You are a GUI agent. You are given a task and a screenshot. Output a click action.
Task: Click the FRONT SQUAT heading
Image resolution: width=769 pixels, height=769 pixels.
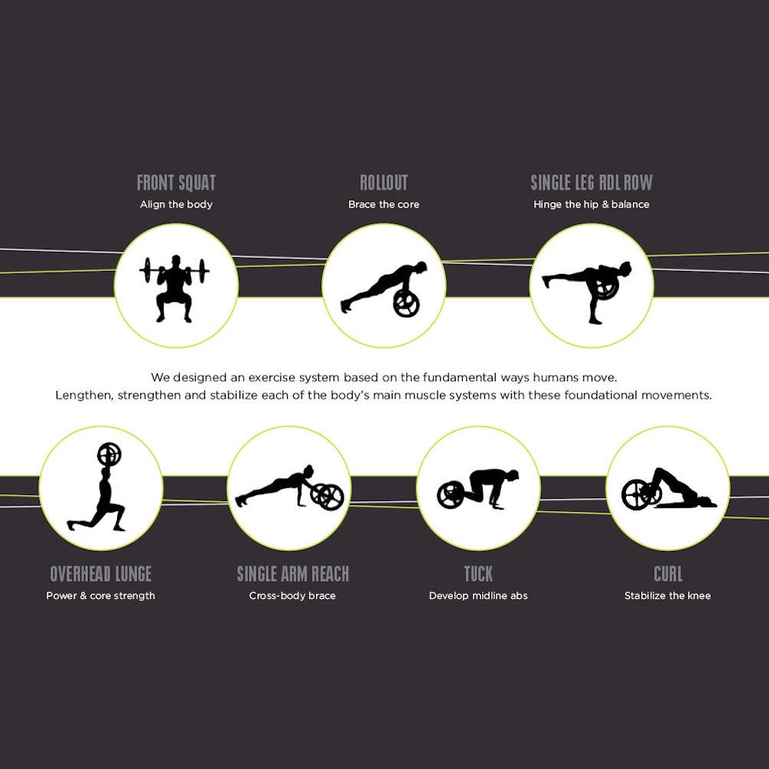tap(176, 183)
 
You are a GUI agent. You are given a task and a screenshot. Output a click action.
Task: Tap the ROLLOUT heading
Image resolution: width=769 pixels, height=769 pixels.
tap(384, 183)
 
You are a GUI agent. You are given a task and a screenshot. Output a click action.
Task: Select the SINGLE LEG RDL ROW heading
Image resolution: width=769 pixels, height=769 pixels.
tap(591, 183)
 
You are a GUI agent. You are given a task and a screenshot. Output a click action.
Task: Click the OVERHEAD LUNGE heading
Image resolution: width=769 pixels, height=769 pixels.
tap(100, 574)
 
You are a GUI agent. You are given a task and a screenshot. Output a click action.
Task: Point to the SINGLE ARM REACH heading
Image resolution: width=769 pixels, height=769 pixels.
tap(293, 574)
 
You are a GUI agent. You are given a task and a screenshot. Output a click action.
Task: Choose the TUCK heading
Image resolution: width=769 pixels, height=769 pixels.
tap(479, 574)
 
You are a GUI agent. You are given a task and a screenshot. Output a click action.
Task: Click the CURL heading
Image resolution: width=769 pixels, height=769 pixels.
tap(668, 574)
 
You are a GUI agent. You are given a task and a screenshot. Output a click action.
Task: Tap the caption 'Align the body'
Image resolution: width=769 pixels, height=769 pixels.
tap(176, 204)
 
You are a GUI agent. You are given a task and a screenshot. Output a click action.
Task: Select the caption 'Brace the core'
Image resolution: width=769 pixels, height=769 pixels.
tap(384, 204)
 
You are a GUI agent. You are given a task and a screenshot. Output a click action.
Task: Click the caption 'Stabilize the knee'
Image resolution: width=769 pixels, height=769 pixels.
tap(667, 596)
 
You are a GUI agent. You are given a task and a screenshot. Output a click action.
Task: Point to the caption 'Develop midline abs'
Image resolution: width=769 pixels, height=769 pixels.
tap(478, 596)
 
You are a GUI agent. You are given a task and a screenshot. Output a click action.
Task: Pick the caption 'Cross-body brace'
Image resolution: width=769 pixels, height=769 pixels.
tap(292, 596)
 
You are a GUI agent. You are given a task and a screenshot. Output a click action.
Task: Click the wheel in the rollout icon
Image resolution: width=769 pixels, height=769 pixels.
tap(406, 304)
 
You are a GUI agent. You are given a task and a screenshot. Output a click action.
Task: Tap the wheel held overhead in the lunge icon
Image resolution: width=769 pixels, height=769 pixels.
tap(109, 455)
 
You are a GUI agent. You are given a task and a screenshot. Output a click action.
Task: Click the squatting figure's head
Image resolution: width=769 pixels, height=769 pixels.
tap(176, 261)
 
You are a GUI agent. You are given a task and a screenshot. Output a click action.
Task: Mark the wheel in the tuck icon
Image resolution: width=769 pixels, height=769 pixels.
tap(450, 495)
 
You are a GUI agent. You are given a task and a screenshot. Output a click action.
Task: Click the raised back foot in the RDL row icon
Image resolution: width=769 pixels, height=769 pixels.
tap(547, 282)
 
